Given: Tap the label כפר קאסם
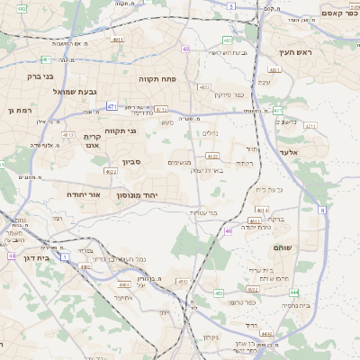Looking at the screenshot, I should [335, 13].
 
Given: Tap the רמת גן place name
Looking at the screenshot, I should [18, 110].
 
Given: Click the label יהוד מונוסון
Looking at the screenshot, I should [139, 193].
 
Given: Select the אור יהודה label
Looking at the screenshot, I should [88, 193].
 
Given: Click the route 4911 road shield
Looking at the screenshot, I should [118, 40].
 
